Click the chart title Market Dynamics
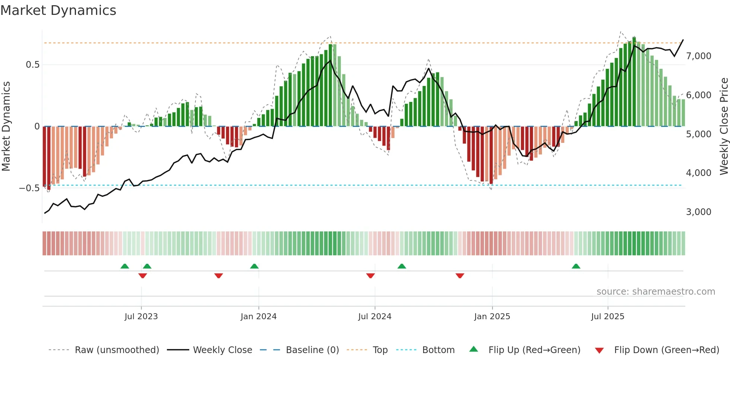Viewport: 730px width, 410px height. pyautogui.click(x=58, y=10)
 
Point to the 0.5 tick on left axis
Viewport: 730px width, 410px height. pyautogui.click(x=32, y=65)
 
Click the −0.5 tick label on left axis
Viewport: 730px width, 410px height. pyautogui.click(x=29, y=188)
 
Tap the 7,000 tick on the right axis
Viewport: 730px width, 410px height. pyautogui.click(x=698, y=56)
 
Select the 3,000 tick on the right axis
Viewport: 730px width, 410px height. pyautogui.click(x=698, y=212)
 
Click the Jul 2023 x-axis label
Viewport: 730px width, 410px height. pyautogui.click(x=141, y=317)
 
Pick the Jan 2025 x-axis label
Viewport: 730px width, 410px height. pyautogui.click(x=492, y=317)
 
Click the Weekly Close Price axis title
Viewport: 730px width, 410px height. pyautogui.click(x=724, y=126)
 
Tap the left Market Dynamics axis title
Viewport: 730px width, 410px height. pyautogui.click(x=6, y=126)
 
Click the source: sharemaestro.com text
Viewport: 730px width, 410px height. pyautogui.click(x=656, y=292)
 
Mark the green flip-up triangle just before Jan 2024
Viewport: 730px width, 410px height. pyautogui.click(x=254, y=266)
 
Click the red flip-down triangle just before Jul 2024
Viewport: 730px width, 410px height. pyautogui.click(x=370, y=276)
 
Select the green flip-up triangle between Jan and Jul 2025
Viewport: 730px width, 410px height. pyautogui.click(x=576, y=266)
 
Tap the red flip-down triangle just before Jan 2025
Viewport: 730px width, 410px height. pyautogui.click(x=460, y=276)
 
